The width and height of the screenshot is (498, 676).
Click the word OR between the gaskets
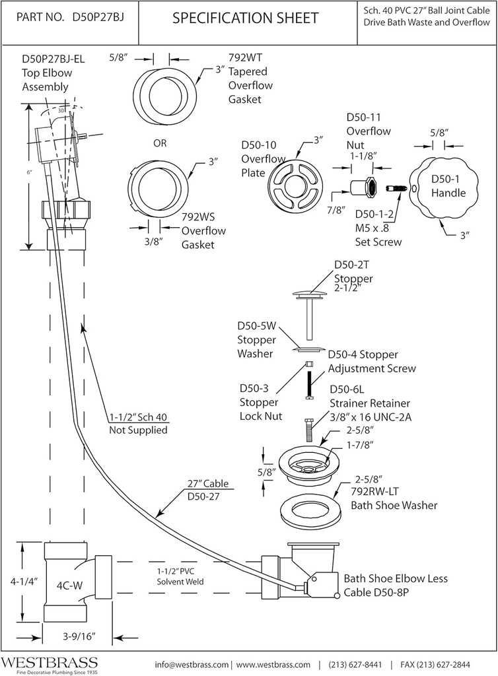click(159, 143)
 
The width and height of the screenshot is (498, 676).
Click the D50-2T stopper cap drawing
click(308, 292)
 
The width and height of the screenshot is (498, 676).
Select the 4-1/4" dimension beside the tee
click(22, 582)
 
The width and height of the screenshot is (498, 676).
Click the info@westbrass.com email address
click(192, 664)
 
